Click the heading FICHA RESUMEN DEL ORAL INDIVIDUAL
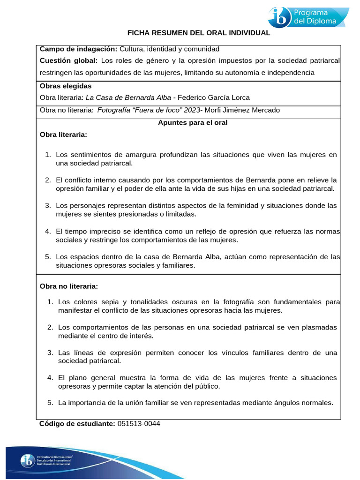coord(199,33)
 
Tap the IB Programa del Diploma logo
coord(308,17)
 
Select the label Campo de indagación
coord(78,49)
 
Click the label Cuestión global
coord(69,60)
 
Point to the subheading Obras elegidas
coord(66,86)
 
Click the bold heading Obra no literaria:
coord(69,285)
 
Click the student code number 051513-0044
coord(138,423)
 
